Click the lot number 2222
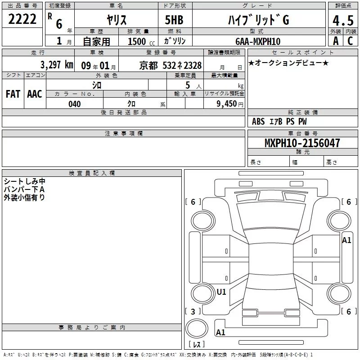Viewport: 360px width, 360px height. point(22,19)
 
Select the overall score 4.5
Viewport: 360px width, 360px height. point(343,20)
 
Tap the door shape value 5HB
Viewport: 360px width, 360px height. point(174,20)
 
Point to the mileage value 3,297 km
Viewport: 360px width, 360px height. point(57,65)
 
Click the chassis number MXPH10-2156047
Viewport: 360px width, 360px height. point(302,143)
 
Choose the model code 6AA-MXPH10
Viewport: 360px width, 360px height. point(258,41)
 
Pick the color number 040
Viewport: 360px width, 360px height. point(75,104)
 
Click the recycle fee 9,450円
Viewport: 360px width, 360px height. point(230,104)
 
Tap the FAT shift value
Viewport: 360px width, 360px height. point(13,94)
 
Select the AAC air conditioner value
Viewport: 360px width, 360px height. point(35,94)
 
